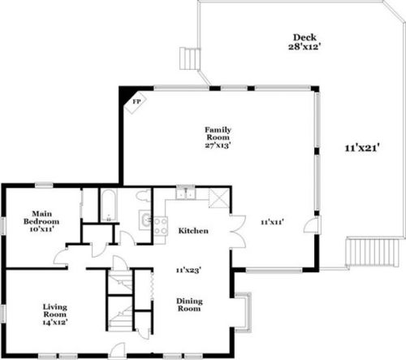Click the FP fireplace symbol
tap(136, 102)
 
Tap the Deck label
tap(304, 37)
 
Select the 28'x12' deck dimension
tap(304, 46)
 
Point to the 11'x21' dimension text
tap(362, 148)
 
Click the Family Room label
tap(218, 133)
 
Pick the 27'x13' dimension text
tap(218, 145)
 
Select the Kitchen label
tap(193, 231)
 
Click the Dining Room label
tap(189, 305)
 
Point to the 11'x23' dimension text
tap(188, 270)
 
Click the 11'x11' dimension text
tap(272, 222)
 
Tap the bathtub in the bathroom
tap(109, 206)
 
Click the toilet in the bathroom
tap(143, 196)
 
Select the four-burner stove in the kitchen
tap(161, 226)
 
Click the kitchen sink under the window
tap(186, 193)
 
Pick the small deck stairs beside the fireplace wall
tap(190, 59)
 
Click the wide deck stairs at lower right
tap(373, 252)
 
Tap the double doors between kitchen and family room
tap(238, 232)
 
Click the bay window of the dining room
tap(244, 312)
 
